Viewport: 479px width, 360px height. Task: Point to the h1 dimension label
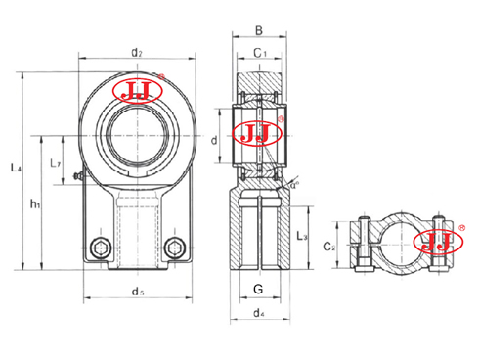pos(36,203)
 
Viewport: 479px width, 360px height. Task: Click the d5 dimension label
pos(137,291)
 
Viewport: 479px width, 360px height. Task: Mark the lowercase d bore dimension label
pos(215,140)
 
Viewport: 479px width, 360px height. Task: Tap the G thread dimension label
pos(256,290)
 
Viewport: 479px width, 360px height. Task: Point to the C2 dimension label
pos(330,248)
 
